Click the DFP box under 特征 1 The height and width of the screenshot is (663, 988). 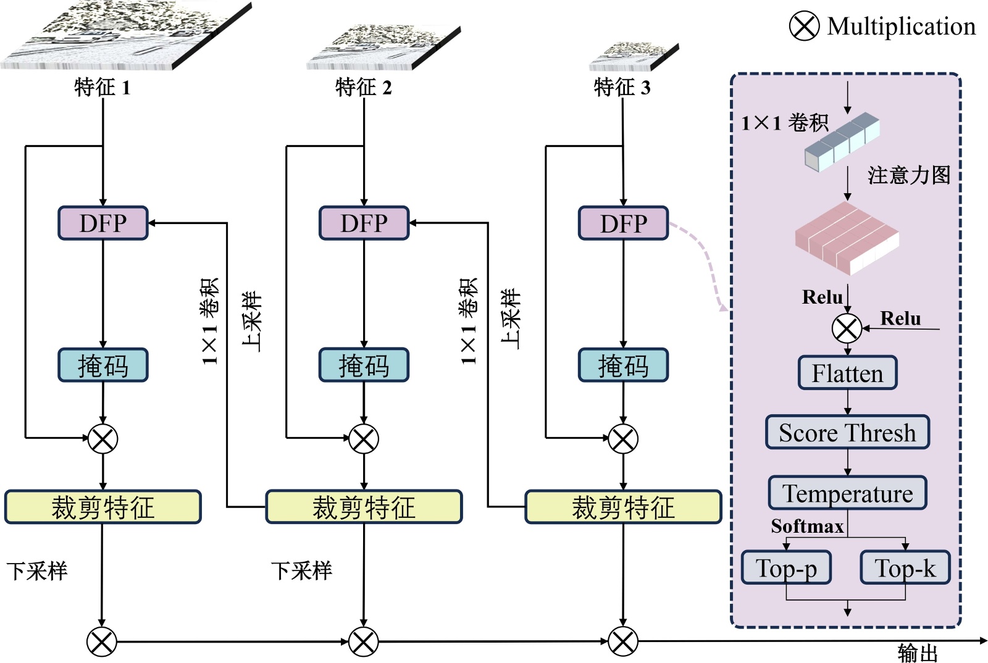click(x=103, y=223)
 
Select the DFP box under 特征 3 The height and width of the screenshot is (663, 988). click(x=623, y=223)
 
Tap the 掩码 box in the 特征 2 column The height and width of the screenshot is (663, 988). click(x=364, y=365)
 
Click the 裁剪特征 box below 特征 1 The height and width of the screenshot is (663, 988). click(x=103, y=507)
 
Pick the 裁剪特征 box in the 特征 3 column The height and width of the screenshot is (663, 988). click(x=623, y=507)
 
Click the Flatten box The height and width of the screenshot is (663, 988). click(x=847, y=373)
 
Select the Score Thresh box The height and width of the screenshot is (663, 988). click(x=847, y=432)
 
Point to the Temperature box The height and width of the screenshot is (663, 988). click(x=847, y=493)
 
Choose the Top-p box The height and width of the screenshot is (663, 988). click(x=786, y=567)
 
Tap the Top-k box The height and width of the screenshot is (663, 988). click(x=905, y=567)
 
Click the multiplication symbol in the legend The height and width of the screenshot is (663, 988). click(x=804, y=26)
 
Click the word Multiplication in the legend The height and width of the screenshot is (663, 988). click(x=902, y=27)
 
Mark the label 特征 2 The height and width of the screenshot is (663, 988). click(x=363, y=87)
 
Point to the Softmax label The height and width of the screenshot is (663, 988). click(x=807, y=526)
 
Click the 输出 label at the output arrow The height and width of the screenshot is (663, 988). click(x=918, y=652)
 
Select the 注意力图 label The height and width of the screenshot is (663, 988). click(x=908, y=175)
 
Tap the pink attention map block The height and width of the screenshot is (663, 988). click(x=846, y=238)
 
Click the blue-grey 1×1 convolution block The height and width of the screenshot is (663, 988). click(x=842, y=141)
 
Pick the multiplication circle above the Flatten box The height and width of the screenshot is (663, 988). click(x=847, y=328)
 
